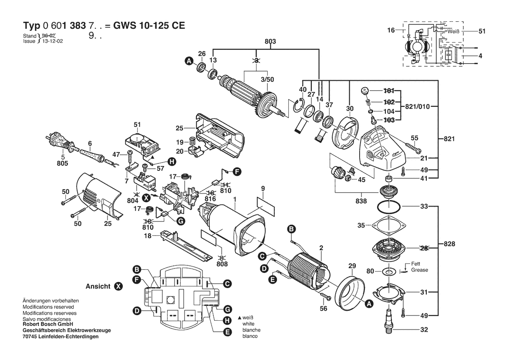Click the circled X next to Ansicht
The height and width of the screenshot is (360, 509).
pos(118,286)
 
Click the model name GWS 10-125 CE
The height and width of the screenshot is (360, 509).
pos(149,25)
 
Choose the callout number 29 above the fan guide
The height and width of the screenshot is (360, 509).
pos(352,265)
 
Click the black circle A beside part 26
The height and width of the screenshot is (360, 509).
pos(189,62)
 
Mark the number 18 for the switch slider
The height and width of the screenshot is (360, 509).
pos(147,235)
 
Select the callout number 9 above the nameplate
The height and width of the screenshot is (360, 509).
pos(263,188)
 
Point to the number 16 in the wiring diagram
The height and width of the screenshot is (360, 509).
pos(391,31)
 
